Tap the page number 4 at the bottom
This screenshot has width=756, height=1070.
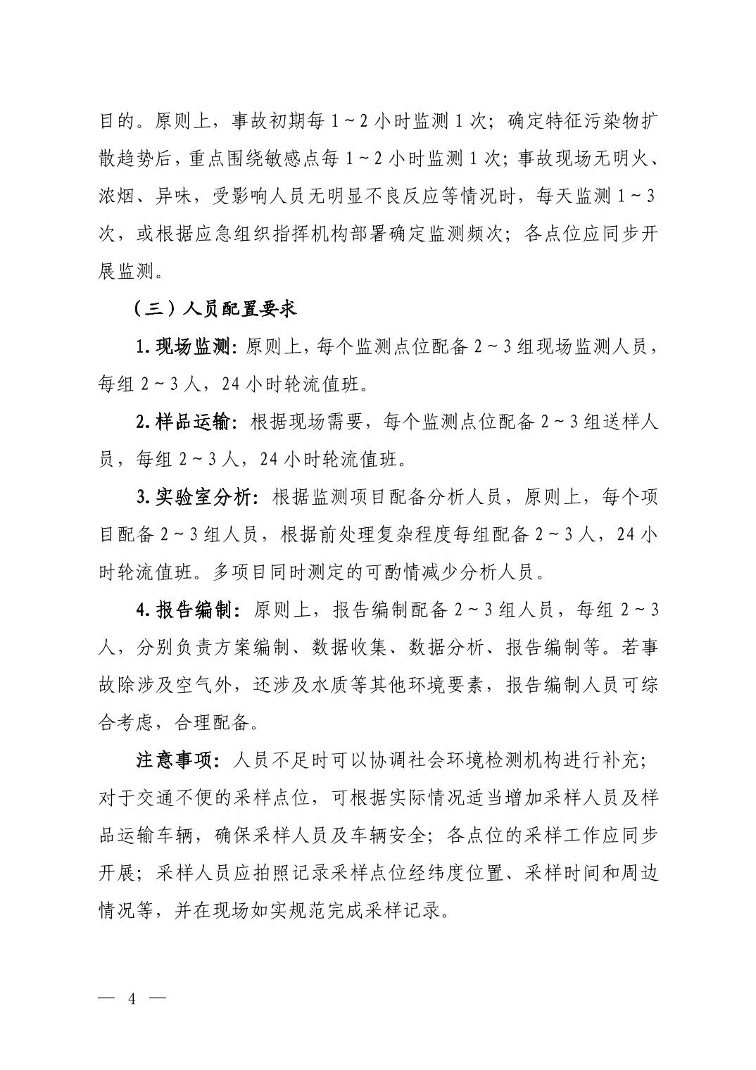coord(130,997)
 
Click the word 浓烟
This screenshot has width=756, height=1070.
coord(116,196)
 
